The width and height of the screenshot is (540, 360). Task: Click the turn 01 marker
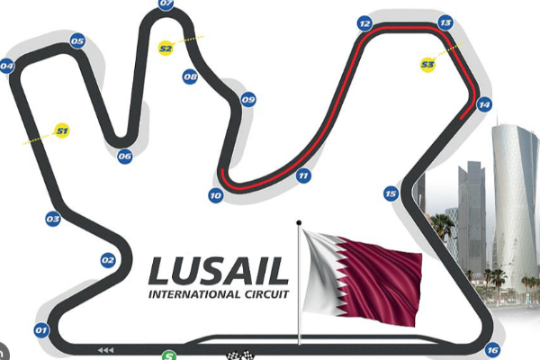(41, 330)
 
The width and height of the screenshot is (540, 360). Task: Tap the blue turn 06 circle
(125, 157)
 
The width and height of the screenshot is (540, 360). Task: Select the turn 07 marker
(166, 4)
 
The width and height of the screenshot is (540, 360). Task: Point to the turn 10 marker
(216, 195)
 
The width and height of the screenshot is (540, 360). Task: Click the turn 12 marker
(364, 23)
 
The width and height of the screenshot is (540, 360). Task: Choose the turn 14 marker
(484, 104)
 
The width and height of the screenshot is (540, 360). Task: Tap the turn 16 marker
(492, 350)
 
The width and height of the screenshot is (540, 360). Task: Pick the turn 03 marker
(53, 219)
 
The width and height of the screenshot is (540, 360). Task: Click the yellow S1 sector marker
(62, 130)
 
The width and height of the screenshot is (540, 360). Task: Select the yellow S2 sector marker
(166, 49)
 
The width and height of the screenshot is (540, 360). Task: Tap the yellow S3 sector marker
(427, 65)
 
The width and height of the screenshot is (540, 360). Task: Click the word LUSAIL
(219, 271)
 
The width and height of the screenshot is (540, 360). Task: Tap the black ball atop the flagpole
(299, 223)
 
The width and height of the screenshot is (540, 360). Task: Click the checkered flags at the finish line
(240, 355)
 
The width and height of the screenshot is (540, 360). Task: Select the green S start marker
(169, 355)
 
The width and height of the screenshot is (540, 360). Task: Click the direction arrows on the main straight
(105, 350)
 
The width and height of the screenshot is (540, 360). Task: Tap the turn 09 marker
(248, 100)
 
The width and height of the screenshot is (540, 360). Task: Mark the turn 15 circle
(391, 193)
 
